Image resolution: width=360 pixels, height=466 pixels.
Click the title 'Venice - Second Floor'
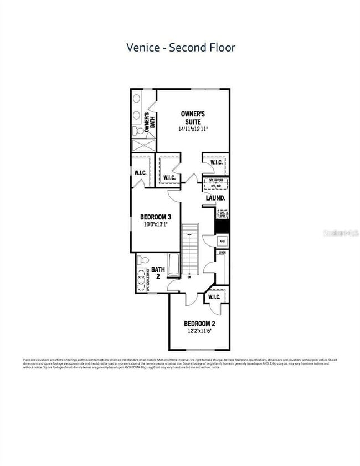pyautogui.click(x=180, y=48)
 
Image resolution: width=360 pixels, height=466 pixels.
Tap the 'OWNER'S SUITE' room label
pyautogui.click(x=193, y=117)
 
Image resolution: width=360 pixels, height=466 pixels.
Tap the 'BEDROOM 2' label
pyautogui.click(x=199, y=324)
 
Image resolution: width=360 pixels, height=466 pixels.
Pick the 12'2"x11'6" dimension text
pyautogui.click(x=199, y=331)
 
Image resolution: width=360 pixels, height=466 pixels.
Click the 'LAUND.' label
pyautogui.click(x=215, y=198)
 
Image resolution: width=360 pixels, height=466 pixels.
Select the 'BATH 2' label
pyautogui.click(x=158, y=273)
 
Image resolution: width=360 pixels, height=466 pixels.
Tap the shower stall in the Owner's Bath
pyautogui.click(x=143, y=145)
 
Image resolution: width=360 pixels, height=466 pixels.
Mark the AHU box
pyautogui.click(x=223, y=241)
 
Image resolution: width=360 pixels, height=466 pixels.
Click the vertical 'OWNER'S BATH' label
pyautogui.click(x=150, y=121)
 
